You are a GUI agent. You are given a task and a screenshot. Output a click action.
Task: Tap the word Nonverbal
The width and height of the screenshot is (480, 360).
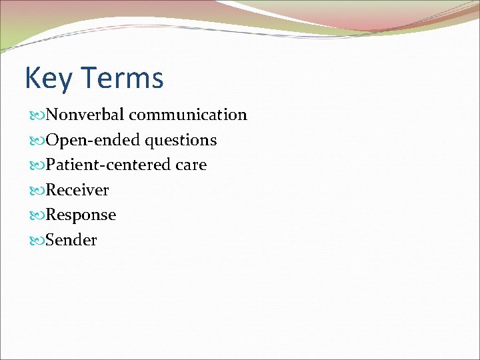pyautogui.click(x=85, y=115)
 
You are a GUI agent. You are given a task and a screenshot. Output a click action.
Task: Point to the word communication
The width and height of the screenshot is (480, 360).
pyautogui.click(x=188, y=115)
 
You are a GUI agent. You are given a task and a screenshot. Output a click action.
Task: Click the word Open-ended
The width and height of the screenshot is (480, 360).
pyautogui.click(x=89, y=140)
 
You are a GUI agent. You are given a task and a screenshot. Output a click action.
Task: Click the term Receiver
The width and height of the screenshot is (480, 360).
pyautogui.click(x=77, y=190)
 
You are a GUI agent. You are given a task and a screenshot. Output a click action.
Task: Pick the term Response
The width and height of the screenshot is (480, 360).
pyautogui.click(x=80, y=215)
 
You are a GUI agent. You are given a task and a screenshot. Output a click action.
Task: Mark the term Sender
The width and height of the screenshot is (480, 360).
pyautogui.click(x=71, y=240)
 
